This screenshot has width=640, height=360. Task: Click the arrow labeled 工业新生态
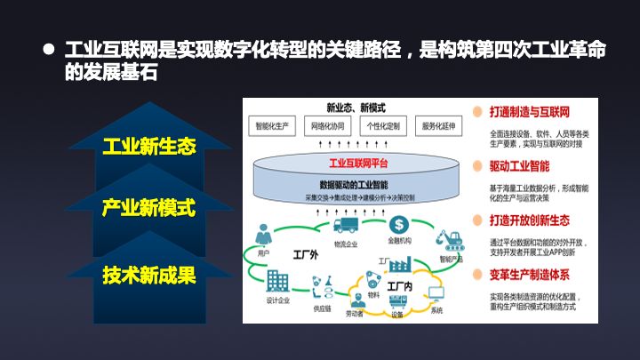click(x=148, y=145)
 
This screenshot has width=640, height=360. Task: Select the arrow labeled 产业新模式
click(x=148, y=208)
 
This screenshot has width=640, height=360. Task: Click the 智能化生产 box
click(x=273, y=127)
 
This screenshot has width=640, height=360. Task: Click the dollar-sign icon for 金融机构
click(x=398, y=224)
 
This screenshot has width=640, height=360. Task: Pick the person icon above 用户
click(x=263, y=236)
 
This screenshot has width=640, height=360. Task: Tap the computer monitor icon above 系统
click(x=436, y=293)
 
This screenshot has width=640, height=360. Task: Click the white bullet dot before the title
click(x=50, y=51)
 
